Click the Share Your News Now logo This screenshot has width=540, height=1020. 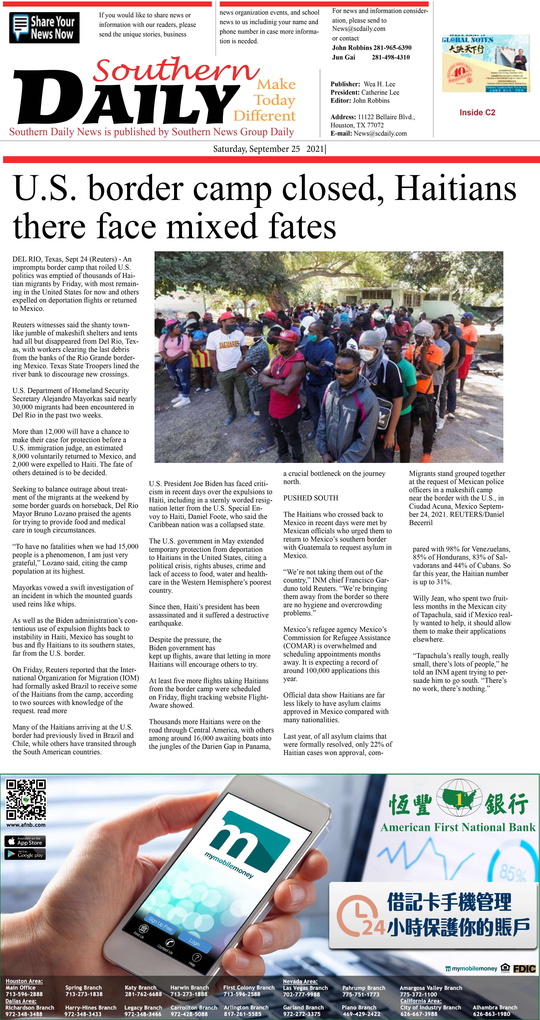44,28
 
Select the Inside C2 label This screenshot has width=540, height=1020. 477,112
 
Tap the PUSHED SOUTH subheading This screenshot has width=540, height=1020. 311,498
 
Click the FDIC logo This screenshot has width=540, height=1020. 524,968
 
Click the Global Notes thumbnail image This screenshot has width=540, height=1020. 486,63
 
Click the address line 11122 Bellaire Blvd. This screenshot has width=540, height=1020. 386,117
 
